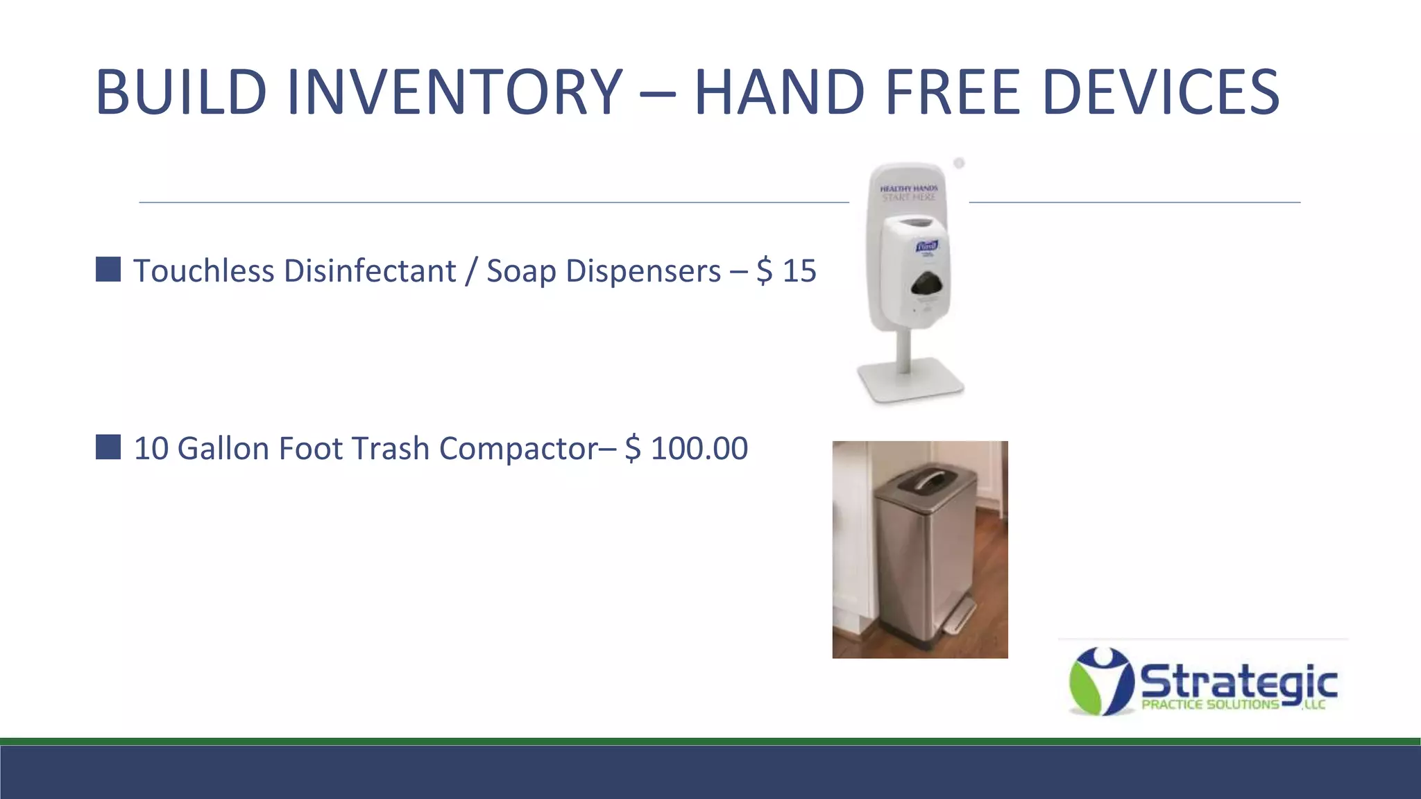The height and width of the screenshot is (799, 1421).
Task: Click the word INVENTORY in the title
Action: pos(454,92)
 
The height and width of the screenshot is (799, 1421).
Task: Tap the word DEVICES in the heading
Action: pos(1160,92)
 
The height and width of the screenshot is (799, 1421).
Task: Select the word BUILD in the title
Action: pos(181,92)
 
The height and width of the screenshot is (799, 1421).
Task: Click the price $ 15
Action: pos(786,270)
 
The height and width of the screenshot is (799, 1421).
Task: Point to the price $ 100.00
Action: pos(686,448)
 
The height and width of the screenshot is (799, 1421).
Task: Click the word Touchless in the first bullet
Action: pos(204,270)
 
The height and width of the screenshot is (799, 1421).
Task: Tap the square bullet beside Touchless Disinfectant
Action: pos(108,269)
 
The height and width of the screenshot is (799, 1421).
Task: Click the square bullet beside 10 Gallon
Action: pos(108,447)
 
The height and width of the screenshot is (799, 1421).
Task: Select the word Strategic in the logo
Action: pos(1239,681)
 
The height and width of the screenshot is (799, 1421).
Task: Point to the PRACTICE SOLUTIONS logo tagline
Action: pos(1210,705)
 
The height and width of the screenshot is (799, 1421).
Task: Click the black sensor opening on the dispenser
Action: pos(928,285)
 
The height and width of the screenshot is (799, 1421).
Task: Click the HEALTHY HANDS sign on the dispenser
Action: pos(908,193)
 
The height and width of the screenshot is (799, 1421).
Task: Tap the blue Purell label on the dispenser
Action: pos(926,246)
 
